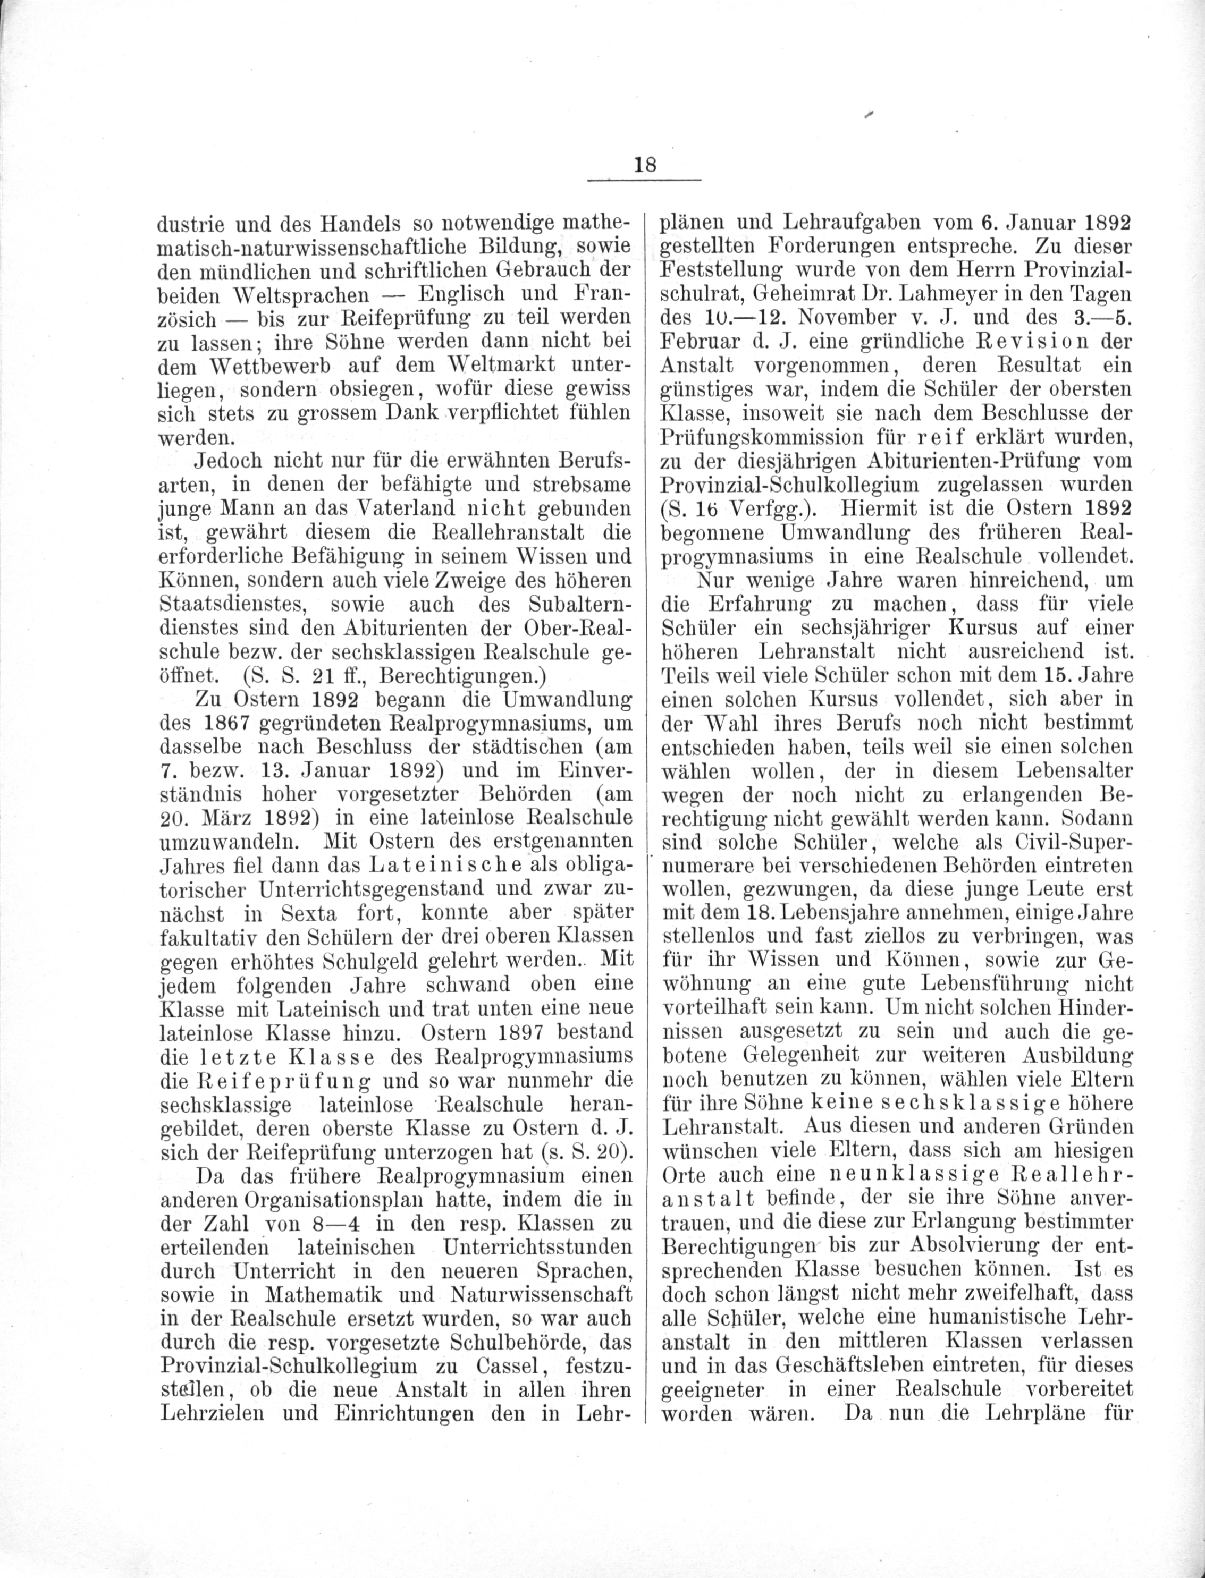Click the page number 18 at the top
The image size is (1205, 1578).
[x=645, y=164]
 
